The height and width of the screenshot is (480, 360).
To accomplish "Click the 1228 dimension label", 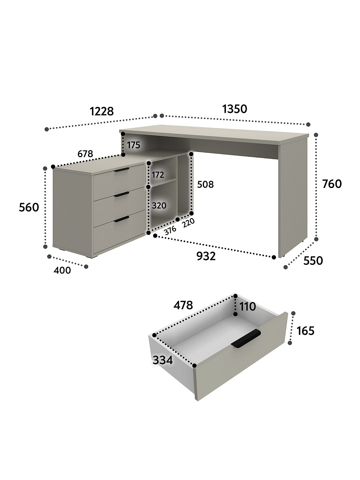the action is [102, 111].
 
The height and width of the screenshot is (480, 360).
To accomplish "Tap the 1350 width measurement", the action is [235, 109].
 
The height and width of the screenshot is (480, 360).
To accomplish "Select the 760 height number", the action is [332, 184].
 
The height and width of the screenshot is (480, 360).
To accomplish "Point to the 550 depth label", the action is [313, 260].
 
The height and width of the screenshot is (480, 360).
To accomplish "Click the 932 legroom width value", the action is [206, 256].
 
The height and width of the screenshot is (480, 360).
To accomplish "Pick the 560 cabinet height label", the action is [29, 207].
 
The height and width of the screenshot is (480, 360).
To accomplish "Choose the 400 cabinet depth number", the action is [62, 270].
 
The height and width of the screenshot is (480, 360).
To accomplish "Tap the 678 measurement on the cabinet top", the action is [85, 154].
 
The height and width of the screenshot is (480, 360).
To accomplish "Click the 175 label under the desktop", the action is [134, 145].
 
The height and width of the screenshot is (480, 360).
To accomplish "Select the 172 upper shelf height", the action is [158, 175].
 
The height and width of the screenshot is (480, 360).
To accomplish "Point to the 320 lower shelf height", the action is [159, 206].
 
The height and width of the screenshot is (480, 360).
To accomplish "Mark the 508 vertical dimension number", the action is [205, 184].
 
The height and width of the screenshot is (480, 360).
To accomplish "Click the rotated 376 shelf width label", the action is [170, 230].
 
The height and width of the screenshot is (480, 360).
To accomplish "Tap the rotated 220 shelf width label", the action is [188, 223].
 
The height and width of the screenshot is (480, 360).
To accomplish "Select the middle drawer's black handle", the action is [122, 194].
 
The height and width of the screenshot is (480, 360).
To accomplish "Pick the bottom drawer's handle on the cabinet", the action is [122, 219].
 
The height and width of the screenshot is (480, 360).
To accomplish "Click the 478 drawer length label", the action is [183, 305].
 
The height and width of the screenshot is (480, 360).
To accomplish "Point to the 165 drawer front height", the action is [305, 331].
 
